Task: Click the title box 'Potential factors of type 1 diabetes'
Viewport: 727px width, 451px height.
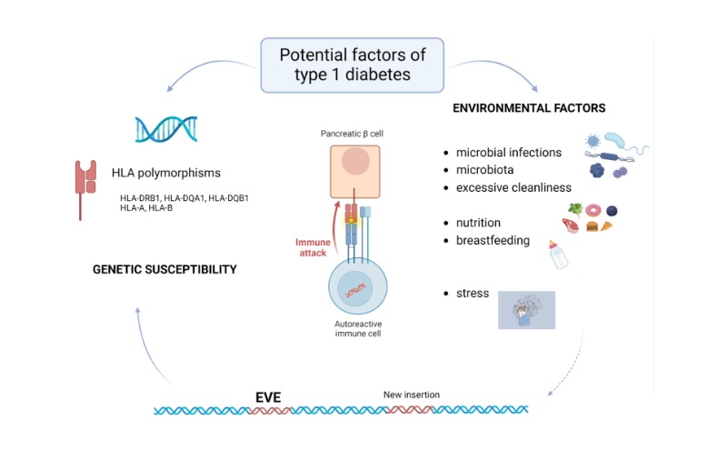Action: click(x=352, y=65)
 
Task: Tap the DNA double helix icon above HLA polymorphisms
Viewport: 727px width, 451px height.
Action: click(x=167, y=130)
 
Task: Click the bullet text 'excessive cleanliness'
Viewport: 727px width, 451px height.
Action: click(x=513, y=187)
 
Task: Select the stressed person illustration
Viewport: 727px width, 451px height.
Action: click(x=526, y=310)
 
